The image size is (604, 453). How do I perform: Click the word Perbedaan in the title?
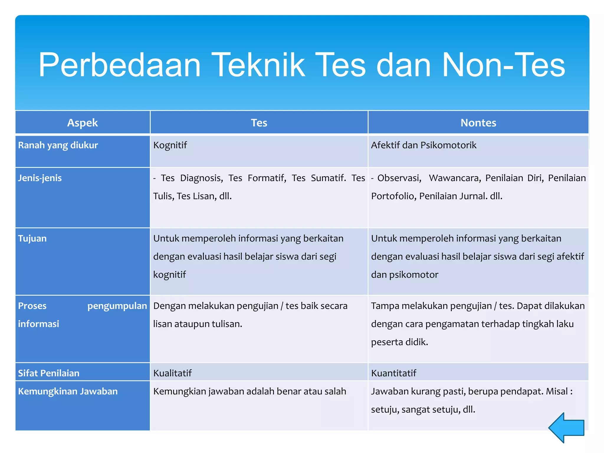[119, 65]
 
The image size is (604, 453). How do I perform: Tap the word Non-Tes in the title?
[503, 65]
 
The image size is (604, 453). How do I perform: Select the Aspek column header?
[82, 123]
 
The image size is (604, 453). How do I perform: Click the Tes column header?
[259, 123]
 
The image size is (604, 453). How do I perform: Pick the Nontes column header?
[478, 123]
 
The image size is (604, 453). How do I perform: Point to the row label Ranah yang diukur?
[58, 145]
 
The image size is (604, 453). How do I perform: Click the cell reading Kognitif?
[170, 145]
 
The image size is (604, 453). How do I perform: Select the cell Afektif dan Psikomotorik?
[424, 145]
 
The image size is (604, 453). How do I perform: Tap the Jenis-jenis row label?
[40, 178]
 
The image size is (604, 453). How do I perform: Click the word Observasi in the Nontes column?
[399, 178]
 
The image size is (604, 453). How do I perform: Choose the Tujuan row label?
[32, 238]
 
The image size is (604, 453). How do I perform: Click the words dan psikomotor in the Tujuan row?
[405, 275]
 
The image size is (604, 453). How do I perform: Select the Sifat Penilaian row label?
[49, 373]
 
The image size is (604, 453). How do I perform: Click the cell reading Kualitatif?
[173, 373]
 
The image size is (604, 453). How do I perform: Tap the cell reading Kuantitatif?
[394, 373]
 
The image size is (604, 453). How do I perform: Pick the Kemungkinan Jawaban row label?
[68, 391]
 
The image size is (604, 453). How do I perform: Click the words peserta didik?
[399, 342]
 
